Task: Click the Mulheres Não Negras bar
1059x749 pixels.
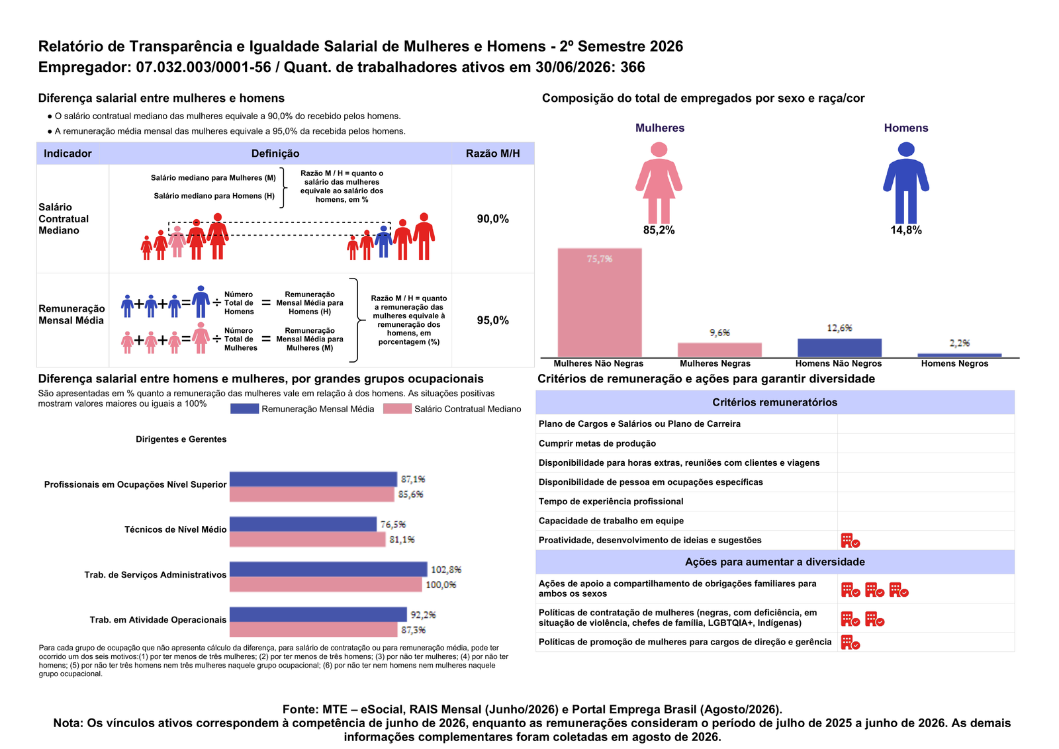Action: (x=600, y=302)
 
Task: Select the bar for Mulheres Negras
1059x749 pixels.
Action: (x=719, y=350)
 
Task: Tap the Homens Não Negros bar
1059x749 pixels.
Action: (x=840, y=348)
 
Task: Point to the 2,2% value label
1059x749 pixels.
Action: (x=960, y=343)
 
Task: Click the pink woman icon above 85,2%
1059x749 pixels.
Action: (x=659, y=183)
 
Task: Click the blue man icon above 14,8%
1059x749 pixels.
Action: (x=906, y=183)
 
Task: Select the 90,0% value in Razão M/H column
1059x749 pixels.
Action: (x=492, y=219)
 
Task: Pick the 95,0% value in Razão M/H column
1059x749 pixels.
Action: (x=492, y=320)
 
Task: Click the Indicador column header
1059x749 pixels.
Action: (x=68, y=154)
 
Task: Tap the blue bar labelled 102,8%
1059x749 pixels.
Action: (x=328, y=569)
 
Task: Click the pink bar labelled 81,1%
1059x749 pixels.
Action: (x=307, y=539)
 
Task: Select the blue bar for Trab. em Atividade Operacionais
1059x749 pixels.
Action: (x=318, y=614)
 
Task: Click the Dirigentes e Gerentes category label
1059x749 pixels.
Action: (x=181, y=439)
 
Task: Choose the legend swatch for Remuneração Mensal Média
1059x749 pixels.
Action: (x=244, y=409)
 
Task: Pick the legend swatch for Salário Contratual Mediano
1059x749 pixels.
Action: (x=397, y=409)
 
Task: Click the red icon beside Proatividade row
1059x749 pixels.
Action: (x=850, y=541)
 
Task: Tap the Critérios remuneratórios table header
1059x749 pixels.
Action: (x=775, y=402)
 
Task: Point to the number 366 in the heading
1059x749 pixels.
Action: (x=633, y=67)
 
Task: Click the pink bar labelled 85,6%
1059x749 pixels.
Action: (x=312, y=494)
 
